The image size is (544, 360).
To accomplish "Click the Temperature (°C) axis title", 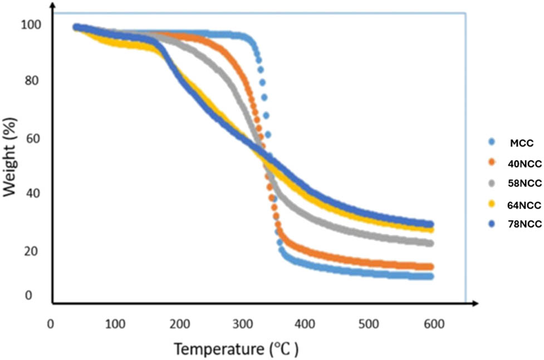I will click(237, 349).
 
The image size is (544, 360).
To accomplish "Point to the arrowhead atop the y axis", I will click(52, 6).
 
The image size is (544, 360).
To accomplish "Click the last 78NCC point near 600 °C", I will click(430, 224).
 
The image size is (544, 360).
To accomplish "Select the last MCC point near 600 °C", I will click(430, 276).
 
